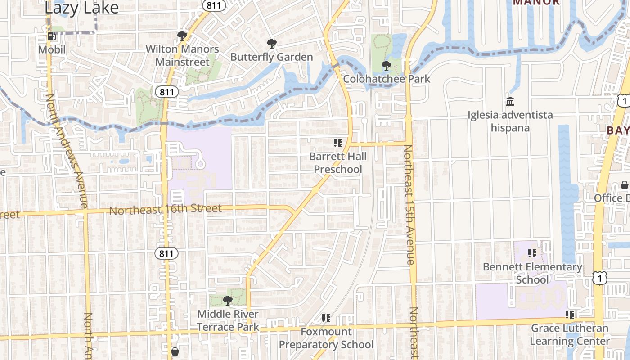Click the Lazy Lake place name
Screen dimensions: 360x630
pyautogui.click(x=82, y=8)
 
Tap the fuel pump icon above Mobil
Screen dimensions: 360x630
pyautogui.click(x=52, y=36)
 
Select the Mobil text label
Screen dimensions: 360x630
pyautogui.click(x=52, y=49)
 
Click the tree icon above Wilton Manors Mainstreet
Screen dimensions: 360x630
pyautogui.click(x=182, y=36)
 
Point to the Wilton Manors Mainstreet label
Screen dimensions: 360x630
pyautogui.click(x=182, y=55)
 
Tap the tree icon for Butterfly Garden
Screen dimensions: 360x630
pyautogui.click(x=271, y=44)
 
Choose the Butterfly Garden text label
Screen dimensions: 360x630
pyautogui.click(x=271, y=57)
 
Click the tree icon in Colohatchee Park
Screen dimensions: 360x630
pyautogui.click(x=386, y=66)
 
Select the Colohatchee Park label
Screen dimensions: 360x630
pyautogui.click(x=387, y=79)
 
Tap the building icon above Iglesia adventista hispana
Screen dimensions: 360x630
pyautogui.click(x=510, y=102)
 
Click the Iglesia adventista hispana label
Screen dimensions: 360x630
pyautogui.click(x=510, y=121)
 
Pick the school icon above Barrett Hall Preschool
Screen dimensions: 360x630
pyautogui.click(x=337, y=143)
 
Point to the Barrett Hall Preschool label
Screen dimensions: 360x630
pyautogui.click(x=338, y=163)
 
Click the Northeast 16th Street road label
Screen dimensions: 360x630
pyautogui.click(x=165, y=209)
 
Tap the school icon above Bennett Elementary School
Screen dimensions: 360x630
pyautogui.click(x=532, y=253)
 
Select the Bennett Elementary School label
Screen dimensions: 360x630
pyautogui.click(x=532, y=273)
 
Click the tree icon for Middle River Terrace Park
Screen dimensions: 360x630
pyautogui.click(x=228, y=300)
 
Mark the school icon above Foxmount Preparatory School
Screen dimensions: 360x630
pyautogui.click(x=326, y=318)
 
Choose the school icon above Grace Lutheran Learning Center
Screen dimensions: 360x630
pyautogui.click(x=570, y=315)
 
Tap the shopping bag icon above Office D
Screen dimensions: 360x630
pyautogui.click(x=625, y=185)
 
